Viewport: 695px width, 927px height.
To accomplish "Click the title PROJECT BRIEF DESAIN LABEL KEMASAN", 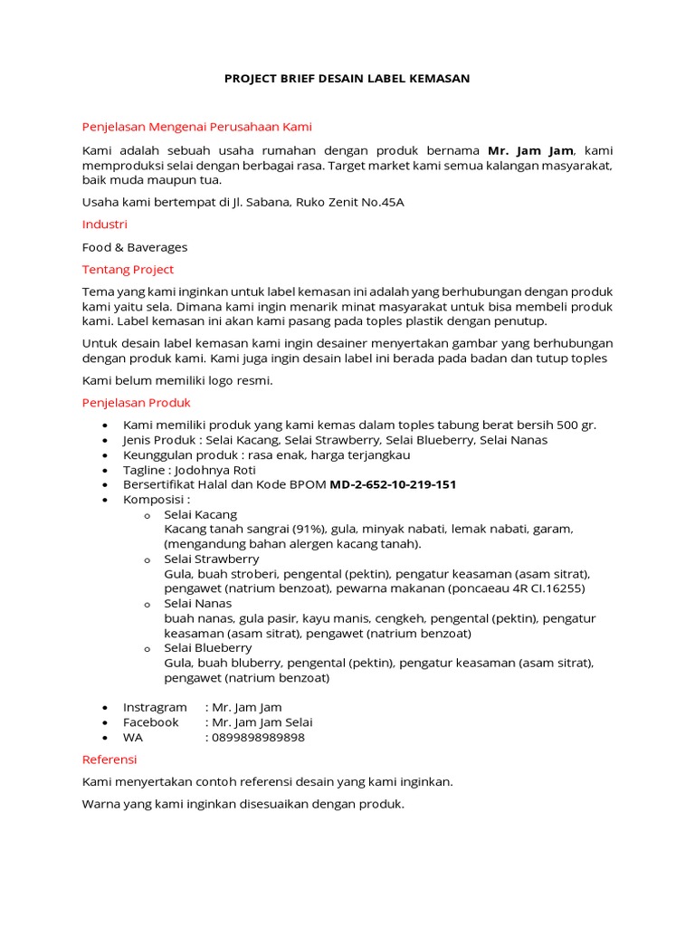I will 347,79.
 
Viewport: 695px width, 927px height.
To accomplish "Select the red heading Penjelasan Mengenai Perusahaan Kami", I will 196,127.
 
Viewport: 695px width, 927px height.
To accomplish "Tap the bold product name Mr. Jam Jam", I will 530,150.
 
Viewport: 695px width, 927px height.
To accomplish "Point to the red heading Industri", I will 104,224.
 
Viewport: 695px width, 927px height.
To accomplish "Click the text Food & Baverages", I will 135,247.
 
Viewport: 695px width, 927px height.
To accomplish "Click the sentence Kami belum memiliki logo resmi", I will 177,380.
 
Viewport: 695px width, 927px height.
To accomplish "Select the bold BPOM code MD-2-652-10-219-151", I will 393,484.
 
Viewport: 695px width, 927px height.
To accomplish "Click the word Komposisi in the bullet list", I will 155,500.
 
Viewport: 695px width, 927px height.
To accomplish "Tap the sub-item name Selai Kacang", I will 200,514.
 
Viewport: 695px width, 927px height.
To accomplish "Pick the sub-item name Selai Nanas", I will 197,603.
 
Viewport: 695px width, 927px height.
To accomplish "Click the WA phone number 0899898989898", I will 257,737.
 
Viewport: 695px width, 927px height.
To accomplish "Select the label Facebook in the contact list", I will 150,722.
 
